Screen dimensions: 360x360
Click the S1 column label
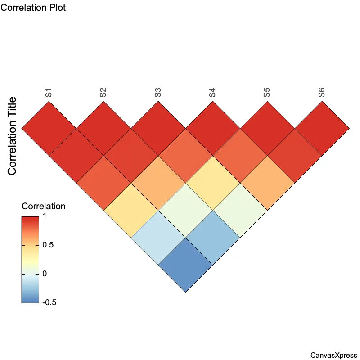(49, 93)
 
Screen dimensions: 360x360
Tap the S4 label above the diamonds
(212, 93)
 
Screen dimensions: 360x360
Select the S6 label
(321, 93)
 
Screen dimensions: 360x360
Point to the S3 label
(158, 93)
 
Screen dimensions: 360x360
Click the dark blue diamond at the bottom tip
(185, 265)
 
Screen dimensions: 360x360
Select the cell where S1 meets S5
(158, 238)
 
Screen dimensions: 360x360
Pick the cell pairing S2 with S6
(212, 238)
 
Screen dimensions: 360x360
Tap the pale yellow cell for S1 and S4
(131, 210)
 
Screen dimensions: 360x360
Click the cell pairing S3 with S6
(240, 210)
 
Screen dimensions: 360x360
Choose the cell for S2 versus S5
(185, 210)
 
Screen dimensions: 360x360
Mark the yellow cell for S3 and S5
(212, 183)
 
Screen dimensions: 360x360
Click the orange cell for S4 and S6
(267, 183)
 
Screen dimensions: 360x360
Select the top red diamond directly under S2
(103, 128)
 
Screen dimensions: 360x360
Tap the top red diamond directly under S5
(267, 128)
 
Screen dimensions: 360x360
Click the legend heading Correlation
(44, 207)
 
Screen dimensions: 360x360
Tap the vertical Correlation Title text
(13, 136)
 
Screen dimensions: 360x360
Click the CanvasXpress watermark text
(333, 355)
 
